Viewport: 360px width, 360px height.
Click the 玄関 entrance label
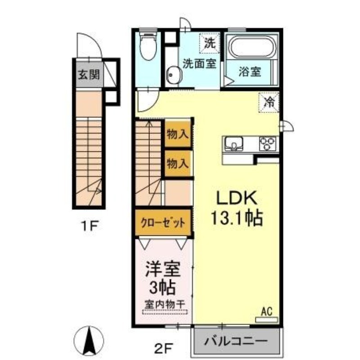click(88, 75)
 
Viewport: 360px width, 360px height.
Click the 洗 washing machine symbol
click(210, 44)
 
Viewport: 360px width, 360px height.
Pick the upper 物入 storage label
click(177, 134)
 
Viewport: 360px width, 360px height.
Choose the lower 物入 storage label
click(177, 163)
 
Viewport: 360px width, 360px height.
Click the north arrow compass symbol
click(89, 339)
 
